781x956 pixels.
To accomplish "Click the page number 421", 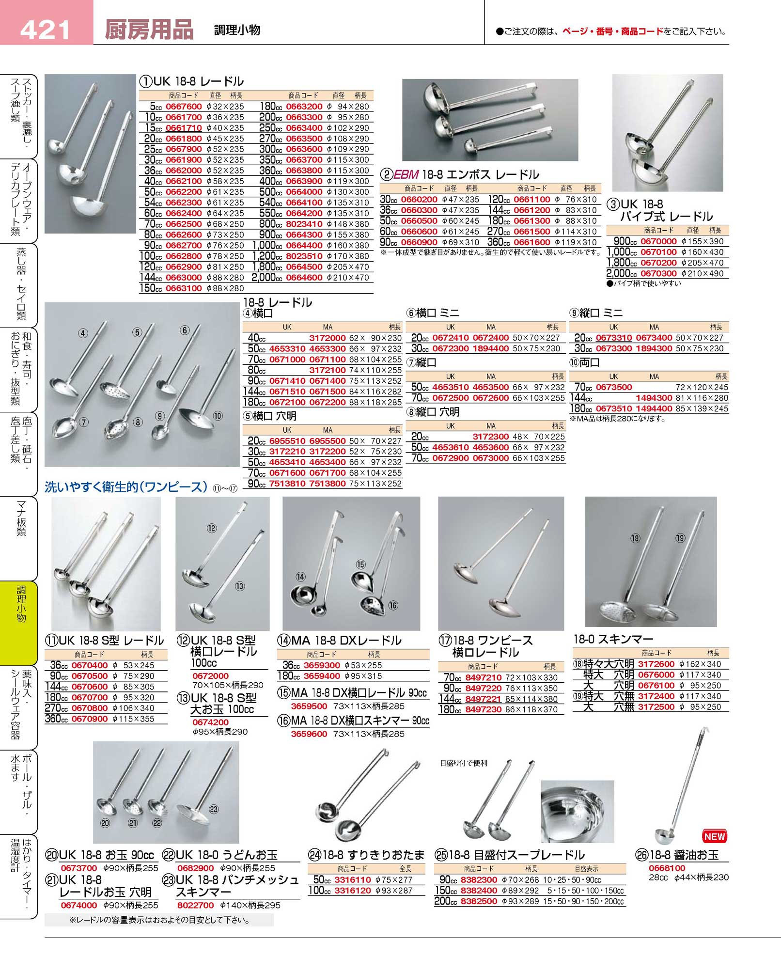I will point(45,30).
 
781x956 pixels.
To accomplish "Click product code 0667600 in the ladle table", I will point(184,107).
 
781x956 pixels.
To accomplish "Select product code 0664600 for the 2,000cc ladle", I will point(304,278).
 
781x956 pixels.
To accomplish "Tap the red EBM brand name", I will point(406,175).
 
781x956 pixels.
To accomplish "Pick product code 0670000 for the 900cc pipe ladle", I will point(658,241).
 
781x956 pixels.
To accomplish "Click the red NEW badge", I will point(714,836).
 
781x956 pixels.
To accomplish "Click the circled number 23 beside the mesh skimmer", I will point(214,809).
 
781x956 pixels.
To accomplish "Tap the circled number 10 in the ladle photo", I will point(218,415).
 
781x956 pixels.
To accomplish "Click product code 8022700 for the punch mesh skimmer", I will point(195,905).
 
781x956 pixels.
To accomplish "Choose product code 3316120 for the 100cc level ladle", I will point(353,891).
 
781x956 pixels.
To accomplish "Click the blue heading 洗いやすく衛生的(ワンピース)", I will point(126,487).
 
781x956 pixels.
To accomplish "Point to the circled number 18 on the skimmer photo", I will point(635,538).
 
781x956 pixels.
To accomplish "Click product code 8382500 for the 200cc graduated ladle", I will point(479,901).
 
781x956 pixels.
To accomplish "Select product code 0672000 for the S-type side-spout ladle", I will point(210,675).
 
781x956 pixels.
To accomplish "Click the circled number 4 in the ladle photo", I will point(83,333).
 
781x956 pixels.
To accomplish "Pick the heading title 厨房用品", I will point(149,30).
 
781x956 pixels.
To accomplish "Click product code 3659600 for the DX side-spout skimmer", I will point(309,734).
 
